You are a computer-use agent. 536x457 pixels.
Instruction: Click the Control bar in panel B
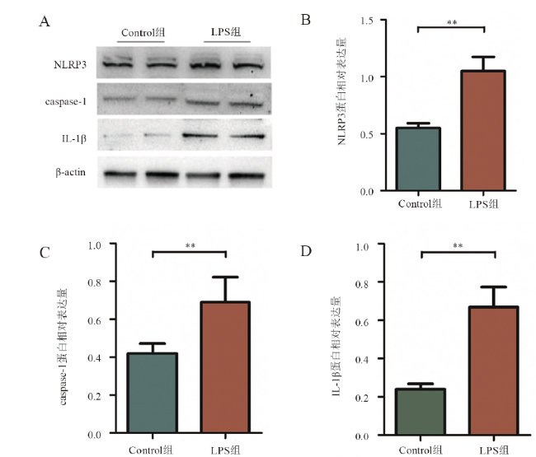[x=419, y=159]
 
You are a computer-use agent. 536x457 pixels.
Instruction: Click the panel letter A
[x=45, y=22]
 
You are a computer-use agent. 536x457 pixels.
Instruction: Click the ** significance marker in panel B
[x=451, y=23]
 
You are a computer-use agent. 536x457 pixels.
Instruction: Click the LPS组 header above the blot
[x=226, y=32]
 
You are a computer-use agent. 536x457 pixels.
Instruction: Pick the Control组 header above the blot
[x=142, y=32]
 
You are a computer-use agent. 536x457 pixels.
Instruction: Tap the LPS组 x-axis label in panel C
[x=225, y=450]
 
